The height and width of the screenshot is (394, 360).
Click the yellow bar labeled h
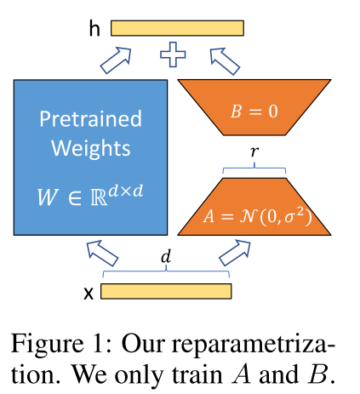(177, 28)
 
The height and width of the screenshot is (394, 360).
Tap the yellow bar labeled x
(166, 291)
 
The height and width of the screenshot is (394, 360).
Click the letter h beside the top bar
(94, 29)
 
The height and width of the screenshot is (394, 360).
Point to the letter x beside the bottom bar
(89, 294)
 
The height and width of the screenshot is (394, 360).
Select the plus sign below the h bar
(173, 54)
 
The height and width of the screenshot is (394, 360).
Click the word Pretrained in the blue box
(90, 118)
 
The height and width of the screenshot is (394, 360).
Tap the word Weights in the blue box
(91, 149)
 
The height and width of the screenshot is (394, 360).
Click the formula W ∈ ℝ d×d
(90, 195)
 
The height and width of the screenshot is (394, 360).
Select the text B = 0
(254, 111)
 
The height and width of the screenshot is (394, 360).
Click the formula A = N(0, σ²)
(258, 217)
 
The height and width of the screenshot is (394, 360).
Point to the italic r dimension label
(254, 151)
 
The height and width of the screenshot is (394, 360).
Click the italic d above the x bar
(166, 256)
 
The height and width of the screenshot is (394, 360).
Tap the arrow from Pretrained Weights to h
(116, 60)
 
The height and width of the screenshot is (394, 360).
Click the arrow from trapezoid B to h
(225, 61)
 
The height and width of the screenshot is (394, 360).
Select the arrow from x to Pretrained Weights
(102, 253)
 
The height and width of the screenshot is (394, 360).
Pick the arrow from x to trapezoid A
(235, 253)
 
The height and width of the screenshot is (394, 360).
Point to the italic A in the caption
(241, 374)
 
